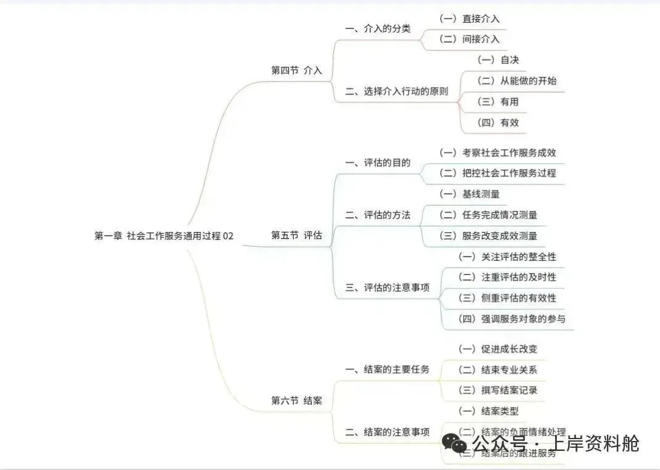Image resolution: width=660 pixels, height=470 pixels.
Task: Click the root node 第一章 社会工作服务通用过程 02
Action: pyautogui.click(x=164, y=236)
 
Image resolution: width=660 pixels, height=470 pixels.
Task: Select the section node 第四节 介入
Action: pyautogui.click(x=296, y=70)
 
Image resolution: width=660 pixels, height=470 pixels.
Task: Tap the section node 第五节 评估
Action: pyautogui.click(x=296, y=236)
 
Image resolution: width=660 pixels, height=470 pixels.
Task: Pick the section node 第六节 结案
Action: pyautogui.click(x=296, y=401)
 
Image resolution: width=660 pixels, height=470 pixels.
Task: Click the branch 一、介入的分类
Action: pyautogui.click(x=377, y=28)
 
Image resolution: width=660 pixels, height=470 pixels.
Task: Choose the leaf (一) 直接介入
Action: pyautogui.click(x=469, y=19)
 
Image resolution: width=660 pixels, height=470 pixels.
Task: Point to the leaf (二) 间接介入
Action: pyautogui.click(x=469, y=39)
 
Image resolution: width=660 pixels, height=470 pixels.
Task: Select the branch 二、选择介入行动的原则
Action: pyautogui.click(x=396, y=91)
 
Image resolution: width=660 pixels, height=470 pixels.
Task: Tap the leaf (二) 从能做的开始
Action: pyautogui.click(x=512, y=81)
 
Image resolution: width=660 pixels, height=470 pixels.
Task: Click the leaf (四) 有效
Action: pyautogui.click(x=498, y=122)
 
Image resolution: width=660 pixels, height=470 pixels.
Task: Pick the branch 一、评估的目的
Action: pyautogui.click(x=377, y=163)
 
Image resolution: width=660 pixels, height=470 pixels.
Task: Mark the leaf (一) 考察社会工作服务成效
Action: pyautogui.click(x=497, y=152)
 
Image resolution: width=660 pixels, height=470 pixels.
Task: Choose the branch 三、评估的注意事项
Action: pyautogui.click(x=387, y=287)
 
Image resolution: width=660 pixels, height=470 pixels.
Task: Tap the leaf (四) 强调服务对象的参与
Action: pyautogui.click(x=511, y=319)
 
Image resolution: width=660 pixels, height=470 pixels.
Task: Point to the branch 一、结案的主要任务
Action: pyautogui.click(x=387, y=369)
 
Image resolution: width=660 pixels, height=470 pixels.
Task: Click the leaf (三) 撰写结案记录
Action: pyautogui.click(x=497, y=390)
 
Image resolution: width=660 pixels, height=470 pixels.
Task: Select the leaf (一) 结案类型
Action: pyautogui.click(x=492, y=411)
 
